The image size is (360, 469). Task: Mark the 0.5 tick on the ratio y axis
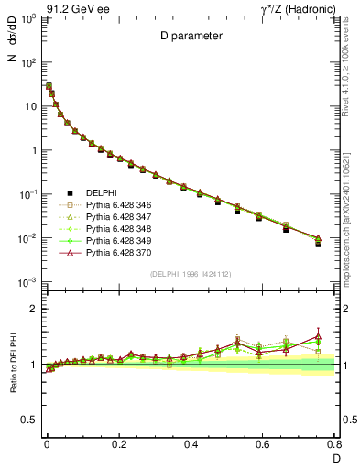(30, 420)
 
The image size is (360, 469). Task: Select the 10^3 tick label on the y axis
(28, 19)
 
